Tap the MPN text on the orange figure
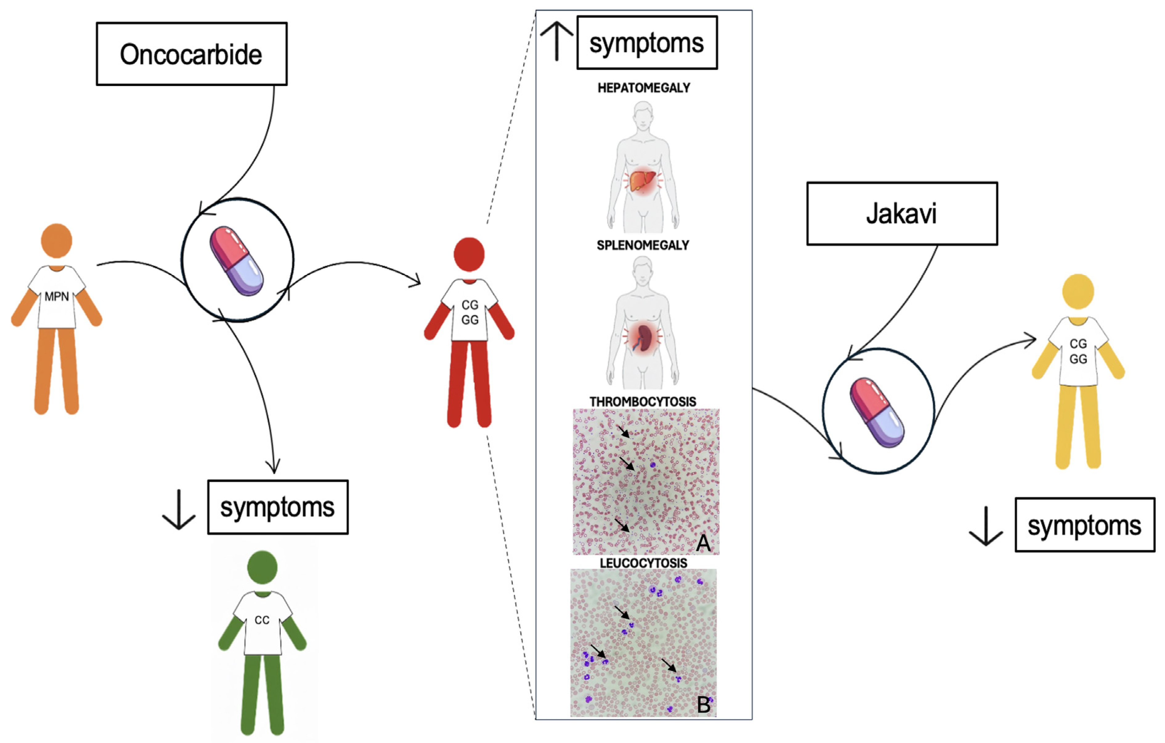[x=57, y=297]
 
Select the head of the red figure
[x=469, y=254]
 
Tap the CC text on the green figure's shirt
[x=262, y=620]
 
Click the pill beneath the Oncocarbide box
[x=237, y=261]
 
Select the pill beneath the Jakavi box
[x=877, y=413]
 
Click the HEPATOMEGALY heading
[x=643, y=88]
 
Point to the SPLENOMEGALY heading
[x=643, y=245]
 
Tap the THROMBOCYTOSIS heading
[x=643, y=402]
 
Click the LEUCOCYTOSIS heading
[x=643, y=563]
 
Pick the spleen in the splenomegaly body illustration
[x=644, y=337]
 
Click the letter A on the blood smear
[x=703, y=543]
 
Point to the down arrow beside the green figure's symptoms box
[x=179, y=510]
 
